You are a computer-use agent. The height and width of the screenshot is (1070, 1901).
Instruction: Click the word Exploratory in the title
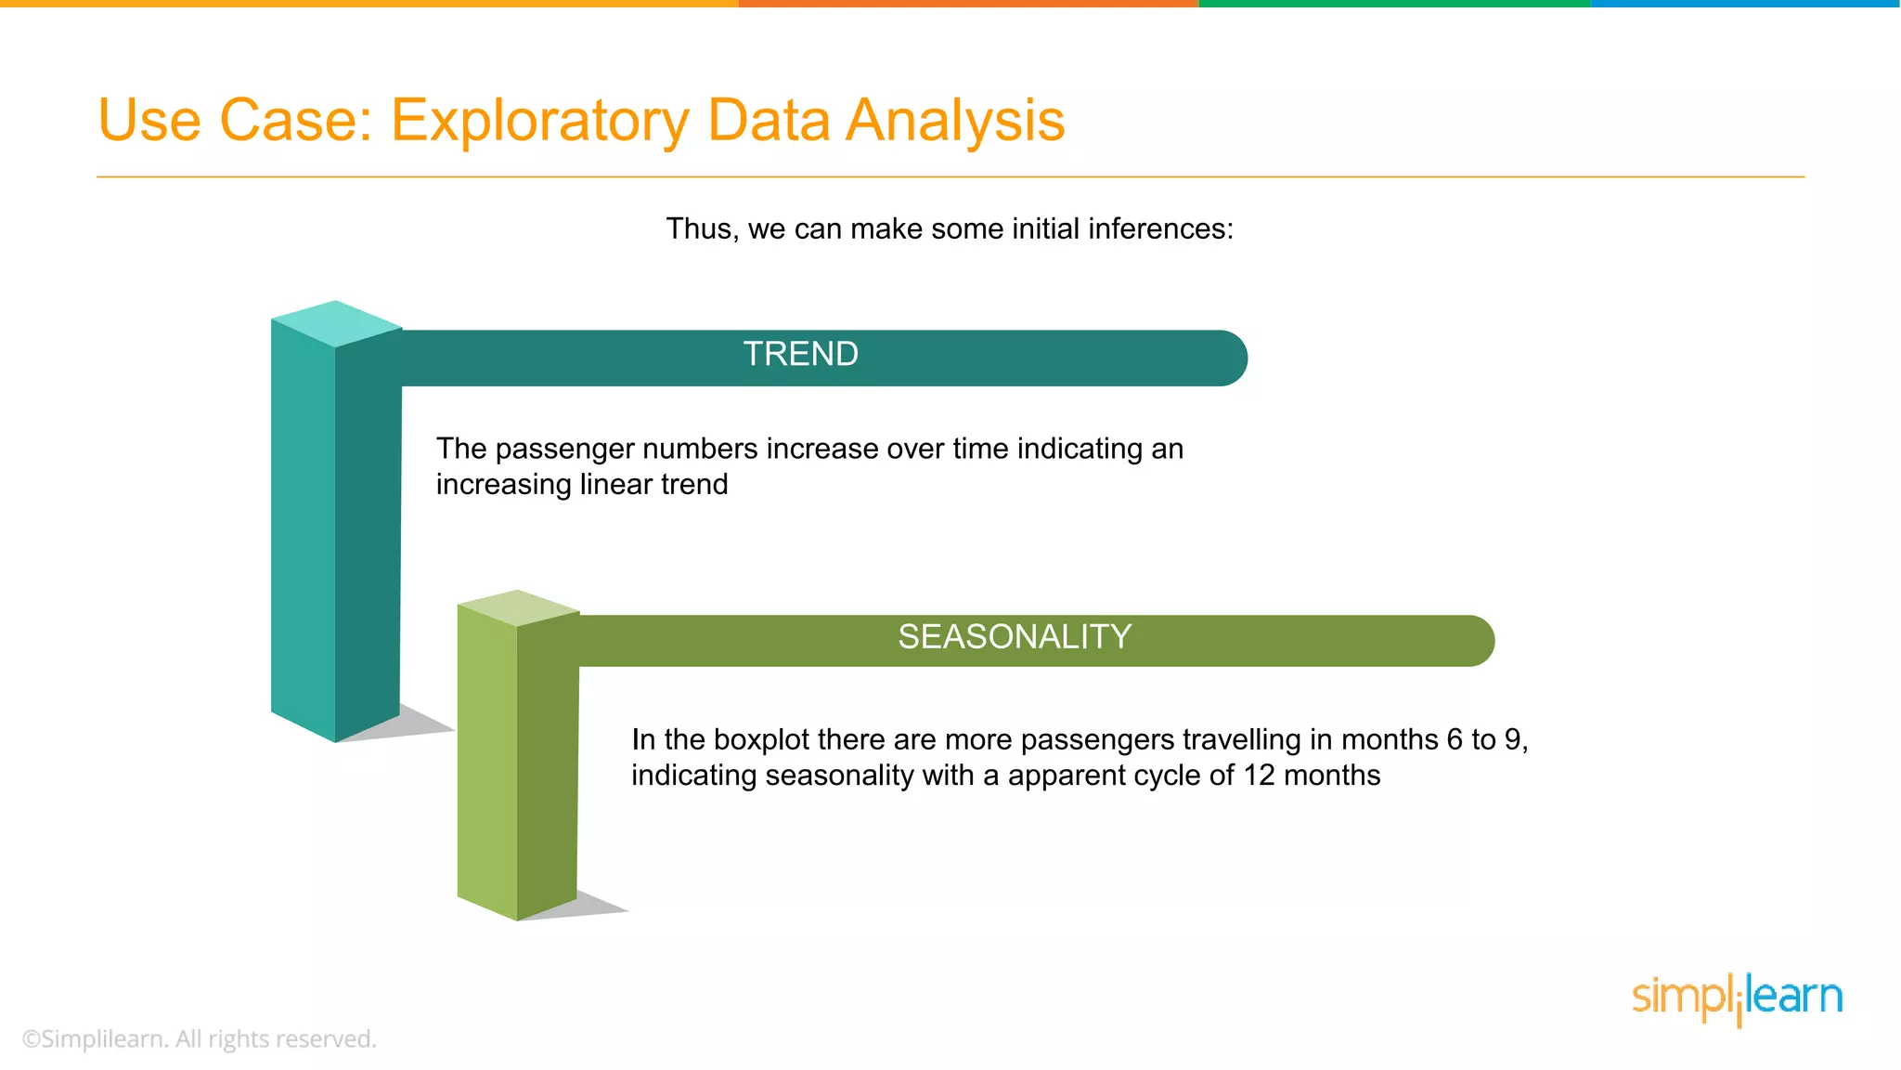[x=538, y=122]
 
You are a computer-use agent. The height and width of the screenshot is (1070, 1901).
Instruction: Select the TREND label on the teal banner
[x=800, y=355]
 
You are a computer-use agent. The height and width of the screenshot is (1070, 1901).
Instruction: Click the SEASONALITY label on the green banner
[x=1014, y=637]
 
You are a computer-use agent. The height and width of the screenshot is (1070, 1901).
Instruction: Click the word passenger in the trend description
[x=566, y=450]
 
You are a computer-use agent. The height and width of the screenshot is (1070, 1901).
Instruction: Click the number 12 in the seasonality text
[x=1259, y=776]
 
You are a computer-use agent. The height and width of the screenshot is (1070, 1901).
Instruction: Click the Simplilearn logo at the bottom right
[x=1736, y=998]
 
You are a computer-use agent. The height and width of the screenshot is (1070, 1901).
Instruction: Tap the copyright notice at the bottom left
[x=199, y=1039]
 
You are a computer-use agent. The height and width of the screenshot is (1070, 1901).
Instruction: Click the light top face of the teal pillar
[x=336, y=322]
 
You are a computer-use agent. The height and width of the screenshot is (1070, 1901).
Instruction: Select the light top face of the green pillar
[x=518, y=607]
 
